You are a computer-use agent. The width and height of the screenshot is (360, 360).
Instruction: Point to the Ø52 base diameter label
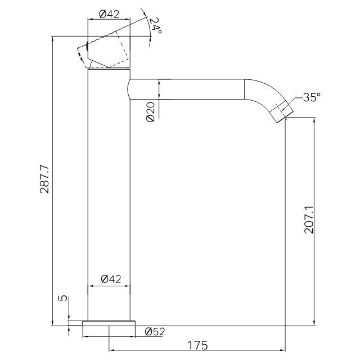(155, 331)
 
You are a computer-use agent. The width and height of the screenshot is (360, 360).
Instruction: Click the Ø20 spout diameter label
(151, 112)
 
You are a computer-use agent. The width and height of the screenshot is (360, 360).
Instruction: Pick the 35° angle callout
(312, 97)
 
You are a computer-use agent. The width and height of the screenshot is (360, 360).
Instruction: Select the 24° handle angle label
(155, 25)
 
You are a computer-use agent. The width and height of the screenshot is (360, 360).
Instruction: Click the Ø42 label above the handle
(110, 14)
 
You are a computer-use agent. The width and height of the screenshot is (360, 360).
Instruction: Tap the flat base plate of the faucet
(109, 323)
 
